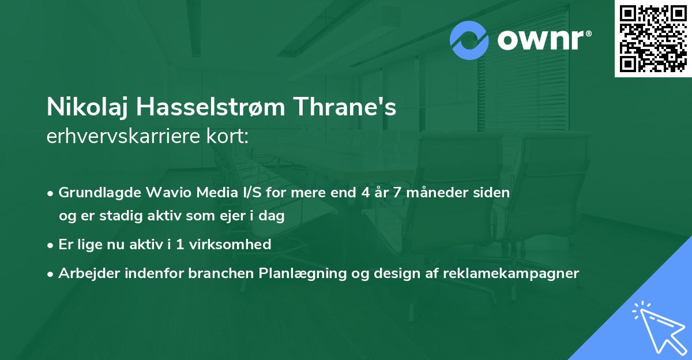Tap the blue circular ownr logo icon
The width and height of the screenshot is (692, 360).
[469, 40]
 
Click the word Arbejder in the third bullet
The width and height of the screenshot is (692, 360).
[85, 273]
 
